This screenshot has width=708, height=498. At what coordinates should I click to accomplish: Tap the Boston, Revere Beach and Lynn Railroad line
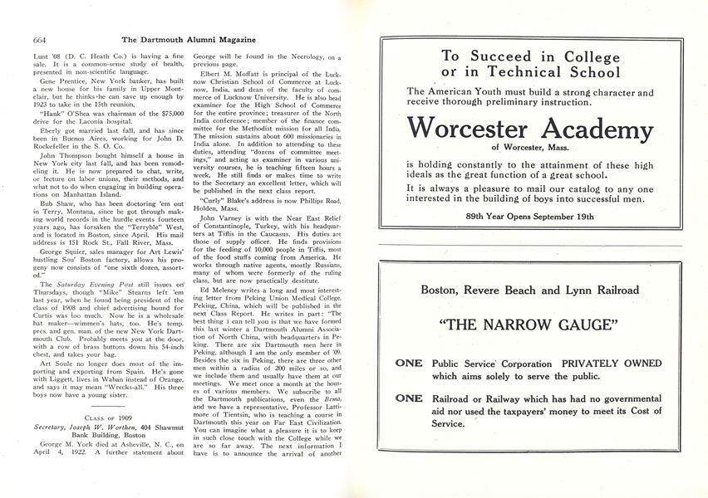click(529, 290)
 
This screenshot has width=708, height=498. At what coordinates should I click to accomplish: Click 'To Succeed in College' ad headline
click(529, 57)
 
